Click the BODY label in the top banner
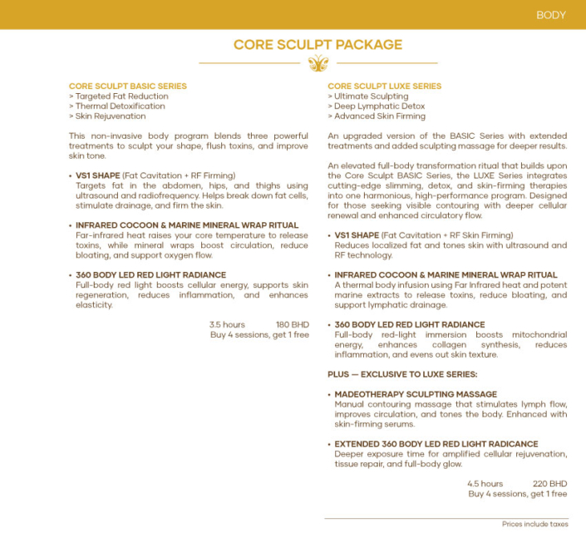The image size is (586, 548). coord(550,15)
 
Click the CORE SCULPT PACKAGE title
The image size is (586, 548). coord(318,45)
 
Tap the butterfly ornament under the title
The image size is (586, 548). coord(318,63)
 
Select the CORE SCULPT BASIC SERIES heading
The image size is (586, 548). coord(128,86)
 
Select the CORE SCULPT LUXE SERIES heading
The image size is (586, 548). coord(385,86)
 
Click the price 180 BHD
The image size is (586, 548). coord(292,324)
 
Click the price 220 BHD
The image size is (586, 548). coord(549,483)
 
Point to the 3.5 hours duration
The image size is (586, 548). coord(227,324)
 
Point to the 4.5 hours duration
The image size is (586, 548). coord(485,483)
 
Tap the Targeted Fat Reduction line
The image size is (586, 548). coord(119,96)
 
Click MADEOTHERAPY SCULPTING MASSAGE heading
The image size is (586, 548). coord(416,394)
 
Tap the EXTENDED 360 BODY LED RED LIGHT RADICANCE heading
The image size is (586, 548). coord(436,444)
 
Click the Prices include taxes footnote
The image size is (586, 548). coord(534,525)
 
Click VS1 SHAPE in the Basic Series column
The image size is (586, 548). coord(97,175)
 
